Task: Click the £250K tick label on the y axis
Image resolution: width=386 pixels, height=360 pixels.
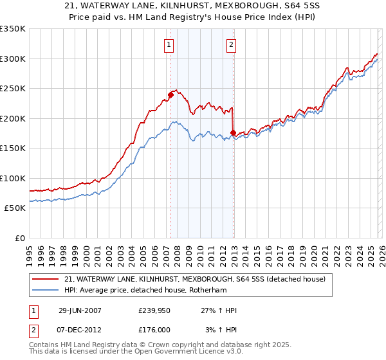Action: click(x=13, y=88)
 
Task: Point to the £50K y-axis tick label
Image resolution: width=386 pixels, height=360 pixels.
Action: click(x=15, y=208)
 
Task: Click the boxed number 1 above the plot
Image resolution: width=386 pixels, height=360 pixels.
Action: click(x=169, y=45)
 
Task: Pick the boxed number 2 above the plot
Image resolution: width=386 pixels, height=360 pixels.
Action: click(x=230, y=45)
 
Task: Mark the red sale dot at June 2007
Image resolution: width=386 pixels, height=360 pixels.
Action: click(x=170, y=95)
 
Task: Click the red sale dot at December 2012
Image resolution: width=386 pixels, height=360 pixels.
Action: click(x=233, y=133)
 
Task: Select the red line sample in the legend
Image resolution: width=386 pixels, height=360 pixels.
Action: click(x=45, y=279)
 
